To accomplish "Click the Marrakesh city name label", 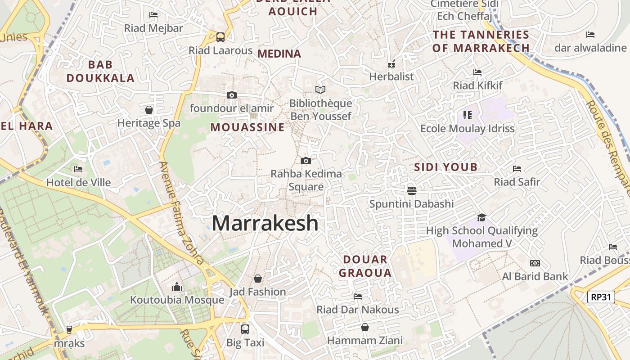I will [x=265, y=223].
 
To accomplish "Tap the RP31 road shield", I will [x=601, y=297].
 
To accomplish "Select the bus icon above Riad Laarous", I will [x=220, y=37].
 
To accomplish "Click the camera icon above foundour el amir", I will [x=232, y=95].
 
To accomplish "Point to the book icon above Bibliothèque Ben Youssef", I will [x=320, y=90].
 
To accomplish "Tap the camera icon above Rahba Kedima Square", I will [x=306, y=161].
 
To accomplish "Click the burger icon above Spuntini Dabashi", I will [x=411, y=190].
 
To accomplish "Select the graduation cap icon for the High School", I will [x=481, y=217].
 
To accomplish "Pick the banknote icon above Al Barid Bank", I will [x=535, y=263].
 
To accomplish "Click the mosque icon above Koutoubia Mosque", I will [x=177, y=287].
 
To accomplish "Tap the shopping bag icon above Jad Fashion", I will [x=258, y=279].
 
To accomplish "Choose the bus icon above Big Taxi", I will [x=245, y=329].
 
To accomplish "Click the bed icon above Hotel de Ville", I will [x=78, y=169].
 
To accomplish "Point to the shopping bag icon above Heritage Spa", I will [x=148, y=110].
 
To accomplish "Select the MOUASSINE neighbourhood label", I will [x=247, y=127].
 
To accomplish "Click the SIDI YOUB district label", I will [x=445, y=167].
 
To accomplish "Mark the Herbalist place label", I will [x=391, y=76].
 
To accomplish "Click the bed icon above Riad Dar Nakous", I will [x=358, y=296].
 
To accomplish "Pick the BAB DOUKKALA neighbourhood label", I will [x=100, y=71].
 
